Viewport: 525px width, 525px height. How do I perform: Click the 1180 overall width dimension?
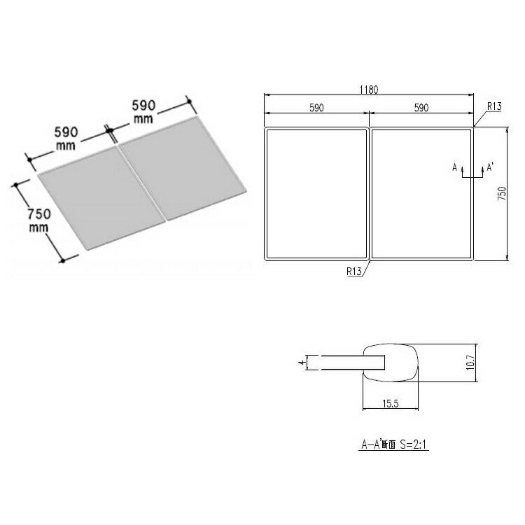[369, 90]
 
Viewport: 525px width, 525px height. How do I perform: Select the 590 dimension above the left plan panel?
[316, 108]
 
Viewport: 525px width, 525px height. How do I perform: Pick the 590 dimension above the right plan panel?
[421, 108]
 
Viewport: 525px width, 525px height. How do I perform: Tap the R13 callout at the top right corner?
[494, 106]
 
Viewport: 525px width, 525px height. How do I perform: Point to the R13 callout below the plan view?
[354, 271]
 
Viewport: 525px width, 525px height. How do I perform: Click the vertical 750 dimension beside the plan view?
[502, 193]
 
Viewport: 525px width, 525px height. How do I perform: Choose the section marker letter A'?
[490, 167]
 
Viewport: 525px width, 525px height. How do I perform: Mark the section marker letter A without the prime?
[455, 167]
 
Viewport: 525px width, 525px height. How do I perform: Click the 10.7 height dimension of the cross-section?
[470, 363]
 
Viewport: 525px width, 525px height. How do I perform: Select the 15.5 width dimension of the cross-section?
[391, 403]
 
